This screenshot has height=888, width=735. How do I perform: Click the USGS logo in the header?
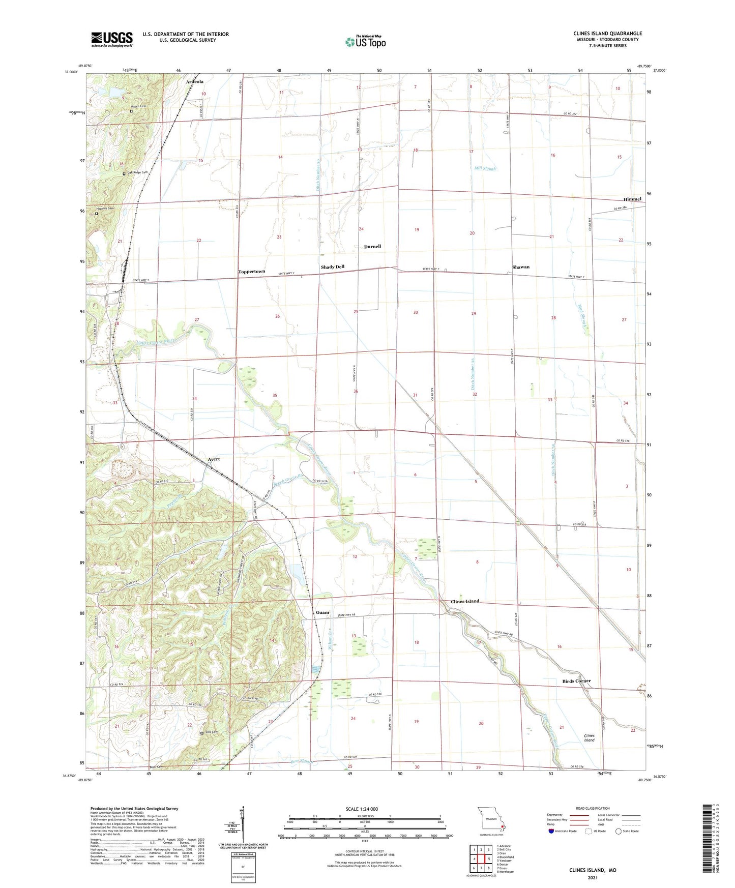(x=112, y=39)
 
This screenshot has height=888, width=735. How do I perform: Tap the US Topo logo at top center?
(x=365, y=42)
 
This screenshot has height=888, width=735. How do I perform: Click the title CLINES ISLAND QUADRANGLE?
(x=607, y=34)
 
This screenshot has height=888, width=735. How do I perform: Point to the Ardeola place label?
(x=195, y=81)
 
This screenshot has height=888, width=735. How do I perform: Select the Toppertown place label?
(x=252, y=272)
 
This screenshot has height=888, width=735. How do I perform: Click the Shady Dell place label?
(x=333, y=267)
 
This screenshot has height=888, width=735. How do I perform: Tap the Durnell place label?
(x=372, y=247)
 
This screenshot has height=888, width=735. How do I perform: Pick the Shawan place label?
(x=521, y=267)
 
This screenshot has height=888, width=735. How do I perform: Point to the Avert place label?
(x=214, y=459)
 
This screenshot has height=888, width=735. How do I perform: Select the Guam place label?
(x=322, y=612)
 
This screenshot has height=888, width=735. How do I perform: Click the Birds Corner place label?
(x=576, y=681)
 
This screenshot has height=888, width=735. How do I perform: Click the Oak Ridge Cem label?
(x=137, y=173)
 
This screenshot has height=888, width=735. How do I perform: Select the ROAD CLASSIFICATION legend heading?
(x=593, y=808)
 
